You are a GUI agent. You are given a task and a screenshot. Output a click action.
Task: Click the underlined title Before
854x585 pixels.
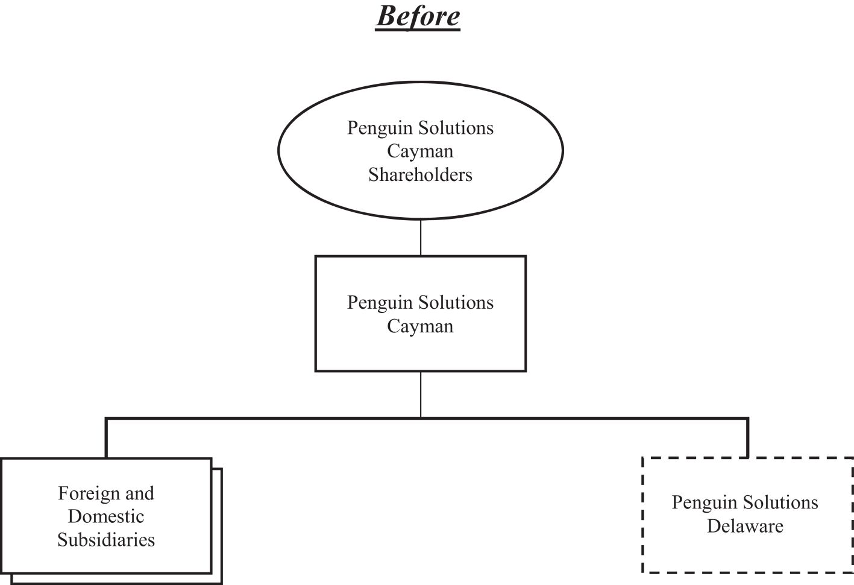pos(418,16)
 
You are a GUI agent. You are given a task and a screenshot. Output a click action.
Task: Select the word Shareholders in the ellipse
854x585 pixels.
pos(420,175)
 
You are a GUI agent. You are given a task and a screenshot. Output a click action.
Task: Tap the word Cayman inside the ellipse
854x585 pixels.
pos(420,151)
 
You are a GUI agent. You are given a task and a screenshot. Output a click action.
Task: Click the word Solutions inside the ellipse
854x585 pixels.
pos(458,128)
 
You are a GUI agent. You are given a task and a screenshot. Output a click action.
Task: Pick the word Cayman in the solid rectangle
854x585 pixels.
pos(420,326)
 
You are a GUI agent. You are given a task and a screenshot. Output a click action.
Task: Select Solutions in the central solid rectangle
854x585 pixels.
pos(458,303)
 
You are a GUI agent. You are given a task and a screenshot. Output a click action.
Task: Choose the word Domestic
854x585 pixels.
pos(106,517)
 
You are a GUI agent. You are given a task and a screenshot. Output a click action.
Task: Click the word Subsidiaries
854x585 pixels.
pos(106,540)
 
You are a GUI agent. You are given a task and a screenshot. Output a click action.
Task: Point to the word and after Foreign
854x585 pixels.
pos(140,493)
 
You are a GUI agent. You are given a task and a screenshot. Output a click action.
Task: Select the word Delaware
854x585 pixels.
pos(745,526)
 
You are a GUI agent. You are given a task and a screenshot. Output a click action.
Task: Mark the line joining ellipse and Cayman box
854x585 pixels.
pos(421,238)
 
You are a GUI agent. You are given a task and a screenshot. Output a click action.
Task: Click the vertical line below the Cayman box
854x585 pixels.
pos(421,393)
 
